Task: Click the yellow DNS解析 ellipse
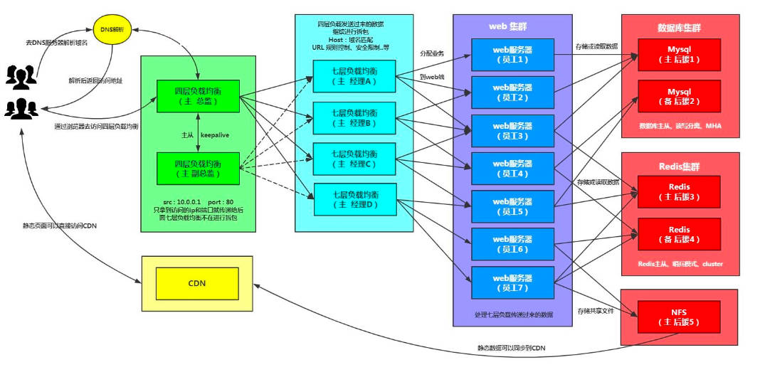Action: click(112, 31)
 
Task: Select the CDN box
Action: click(197, 283)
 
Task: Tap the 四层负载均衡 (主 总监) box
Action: click(197, 97)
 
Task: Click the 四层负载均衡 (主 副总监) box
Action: click(197, 169)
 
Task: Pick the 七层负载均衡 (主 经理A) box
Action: click(354, 75)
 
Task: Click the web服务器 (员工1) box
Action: click(512, 54)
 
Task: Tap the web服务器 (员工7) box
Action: click(512, 282)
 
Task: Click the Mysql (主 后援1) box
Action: click(679, 55)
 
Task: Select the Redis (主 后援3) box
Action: click(679, 192)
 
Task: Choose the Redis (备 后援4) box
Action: click(679, 235)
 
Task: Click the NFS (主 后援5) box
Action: click(679, 317)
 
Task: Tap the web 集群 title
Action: click(512, 26)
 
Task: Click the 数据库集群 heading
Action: click(679, 28)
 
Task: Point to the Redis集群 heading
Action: click(679, 166)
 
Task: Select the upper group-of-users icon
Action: click(21, 75)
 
